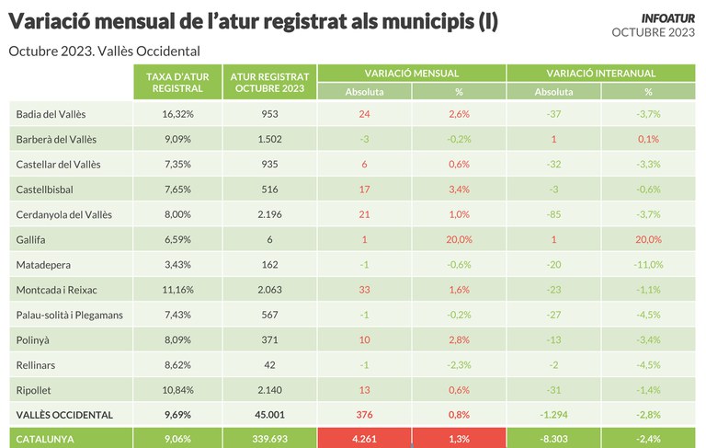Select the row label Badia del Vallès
pyautogui.click(x=51, y=113)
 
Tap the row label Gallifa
pyautogui.click(x=31, y=239)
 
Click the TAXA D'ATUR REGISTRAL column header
pyautogui.click(x=177, y=82)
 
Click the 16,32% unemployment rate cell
pyautogui.click(x=177, y=113)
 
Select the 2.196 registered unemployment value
pyautogui.click(x=269, y=214)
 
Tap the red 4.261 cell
pyautogui.click(x=365, y=439)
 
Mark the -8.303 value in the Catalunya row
pyautogui.click(x=553, y=439)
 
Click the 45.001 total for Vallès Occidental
pyautogui.click(x=269, y=415)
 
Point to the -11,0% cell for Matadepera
pyautogui.click(x=648, y=265)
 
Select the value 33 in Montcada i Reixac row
pyautogui.click(x=365, y=290)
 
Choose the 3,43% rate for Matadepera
pyautogui.click(x=177, y=265)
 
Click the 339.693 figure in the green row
pyautogui.click(x=269, y=439)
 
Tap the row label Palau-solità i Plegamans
pyautogui.click(x=70, y=315)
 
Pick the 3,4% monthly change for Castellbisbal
pyautogui.click(x=460, y=190)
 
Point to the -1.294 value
pyautogui.click(x=553, y=415)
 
